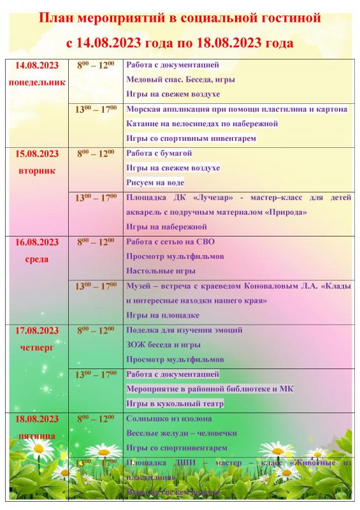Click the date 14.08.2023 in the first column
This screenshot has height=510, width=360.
tap(36, 66)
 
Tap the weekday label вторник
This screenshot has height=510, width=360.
tap(36, 170)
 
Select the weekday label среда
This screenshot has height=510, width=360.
tap(36, 259)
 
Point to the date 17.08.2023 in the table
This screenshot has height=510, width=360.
tap(36, 331)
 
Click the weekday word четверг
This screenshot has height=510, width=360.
tap(36, 348)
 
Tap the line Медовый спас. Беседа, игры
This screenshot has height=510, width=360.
tap(181, 79)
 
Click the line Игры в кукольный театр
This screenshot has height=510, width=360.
tap(175, 404)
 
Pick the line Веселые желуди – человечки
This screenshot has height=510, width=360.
tap(182, 433)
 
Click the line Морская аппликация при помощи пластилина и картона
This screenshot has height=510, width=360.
tap(237, 109)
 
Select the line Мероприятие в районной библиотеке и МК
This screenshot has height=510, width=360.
tap(210, 389)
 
